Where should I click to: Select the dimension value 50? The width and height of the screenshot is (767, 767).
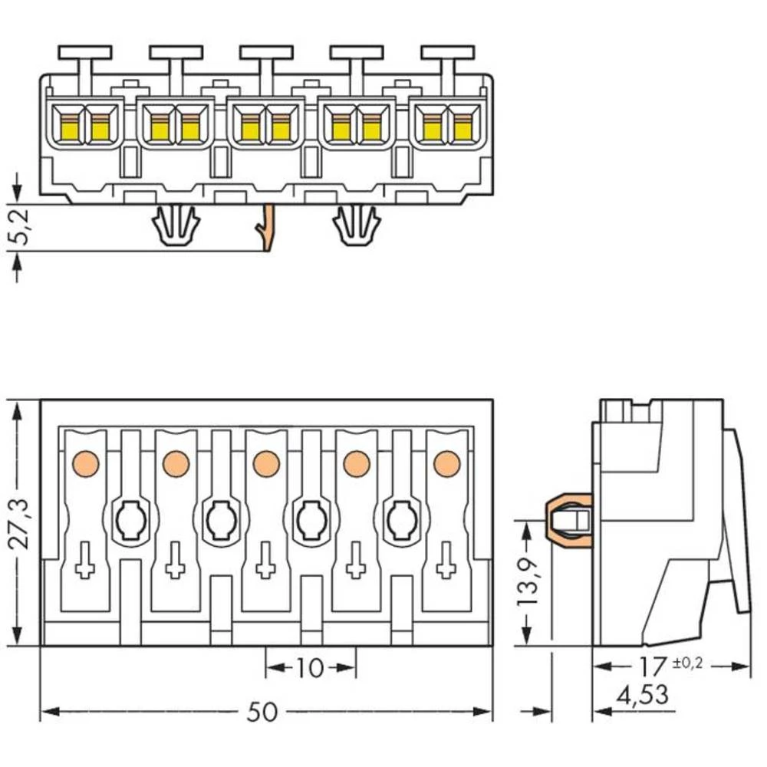click(262, 713)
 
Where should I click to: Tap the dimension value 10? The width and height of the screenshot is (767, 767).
click(310, 668)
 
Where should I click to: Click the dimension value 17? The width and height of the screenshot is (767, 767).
click(650, 666)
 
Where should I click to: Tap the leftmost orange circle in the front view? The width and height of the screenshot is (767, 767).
click(85, 463)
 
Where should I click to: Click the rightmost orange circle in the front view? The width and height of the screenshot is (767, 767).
click(446, 463)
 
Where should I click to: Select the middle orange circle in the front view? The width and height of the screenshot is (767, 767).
click(265, 463)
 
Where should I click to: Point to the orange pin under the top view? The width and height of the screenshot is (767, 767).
click(266, 228)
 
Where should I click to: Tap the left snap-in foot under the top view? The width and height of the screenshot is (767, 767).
click(176, 225)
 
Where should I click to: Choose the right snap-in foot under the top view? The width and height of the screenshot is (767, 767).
click(357, 225)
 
